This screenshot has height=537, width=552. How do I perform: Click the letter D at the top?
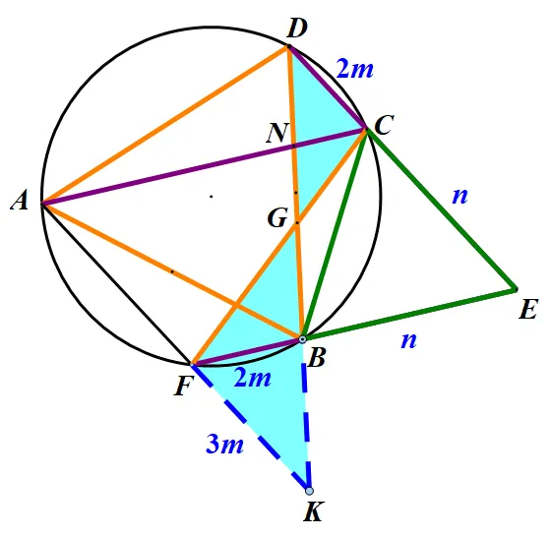(x=297, y=29)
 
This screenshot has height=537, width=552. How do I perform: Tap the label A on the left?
(x=20, y=202)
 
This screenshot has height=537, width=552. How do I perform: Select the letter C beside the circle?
(x=384, y=125)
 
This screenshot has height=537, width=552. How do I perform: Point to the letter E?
(x=528, y=309)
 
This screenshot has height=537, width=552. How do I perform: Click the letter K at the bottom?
(x=313, y=511)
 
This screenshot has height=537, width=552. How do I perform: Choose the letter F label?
(x=183, y=387)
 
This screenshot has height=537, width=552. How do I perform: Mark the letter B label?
(x=316, y=359)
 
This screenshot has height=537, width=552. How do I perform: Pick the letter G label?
(x=277, y=217)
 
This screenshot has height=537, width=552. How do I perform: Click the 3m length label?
(x=224, y=445)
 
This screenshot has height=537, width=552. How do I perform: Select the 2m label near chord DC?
(x=354, y=68)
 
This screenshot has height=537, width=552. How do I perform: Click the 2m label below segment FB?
(x=252, y=379)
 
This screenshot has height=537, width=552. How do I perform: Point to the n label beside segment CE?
(x=460, y=196)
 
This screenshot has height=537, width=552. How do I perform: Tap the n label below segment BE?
(x=408, y=340)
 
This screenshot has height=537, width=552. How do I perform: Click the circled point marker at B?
(x=302, y=339)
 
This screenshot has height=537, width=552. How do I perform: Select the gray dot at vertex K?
(x=309, y=491)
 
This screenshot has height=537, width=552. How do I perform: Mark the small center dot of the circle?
(x=212, y=197)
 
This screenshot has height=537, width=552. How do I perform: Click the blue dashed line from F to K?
(x=250, y=427)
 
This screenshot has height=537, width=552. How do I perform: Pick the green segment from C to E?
(x=442, y=209)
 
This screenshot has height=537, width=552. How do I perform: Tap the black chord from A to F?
(x=116, y=283)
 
